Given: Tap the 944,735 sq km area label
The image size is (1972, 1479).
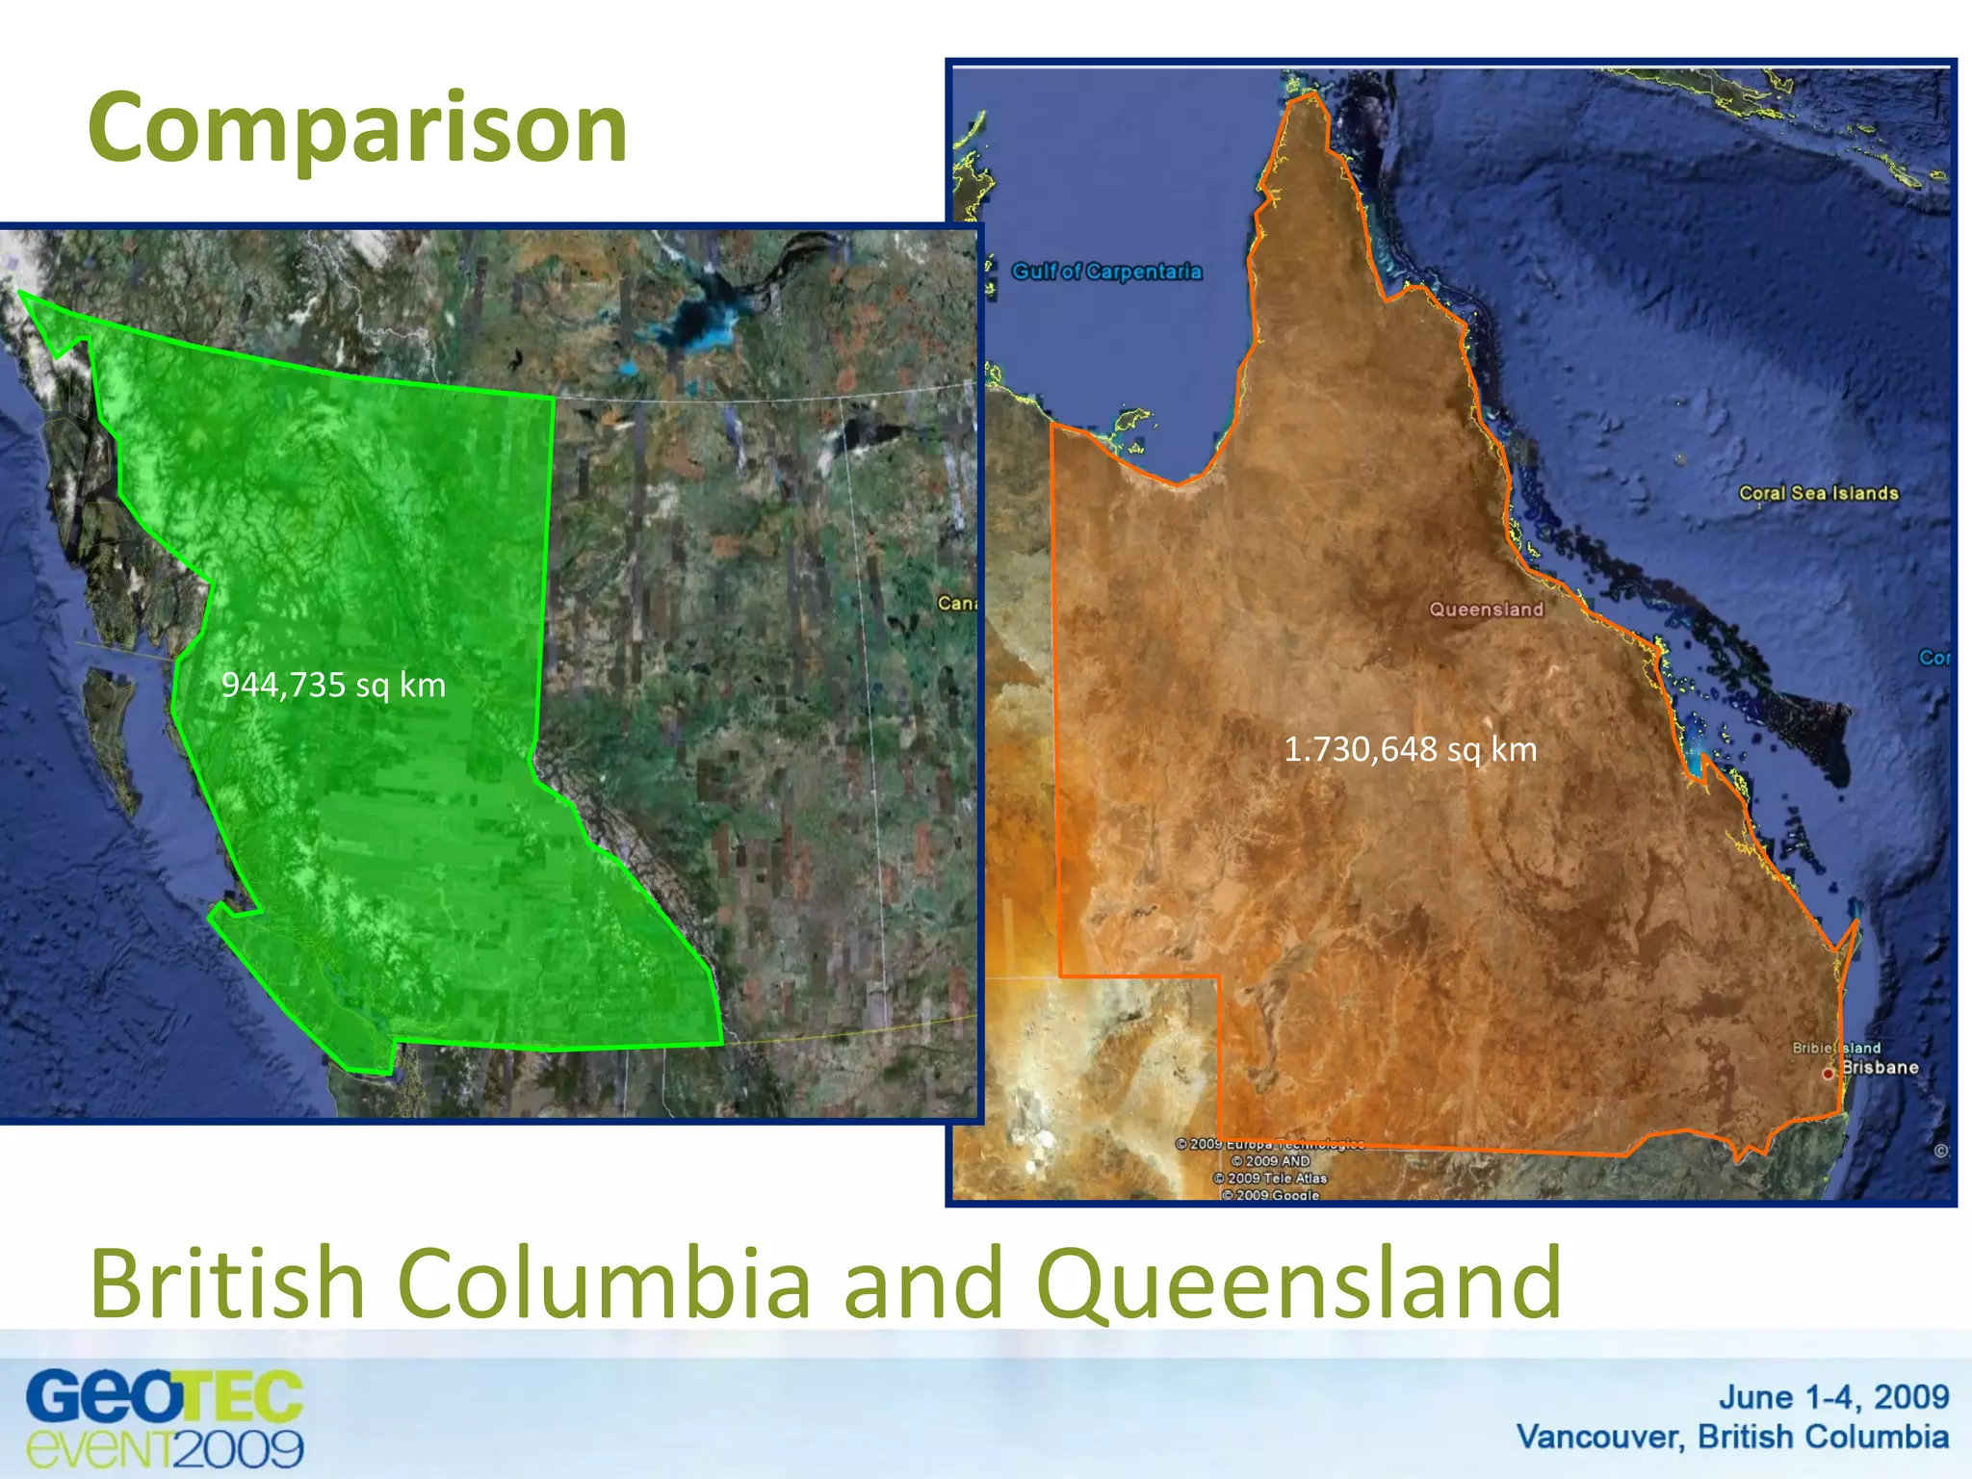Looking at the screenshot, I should [333, 686].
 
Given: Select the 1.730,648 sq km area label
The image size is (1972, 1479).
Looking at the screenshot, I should [1410, 749].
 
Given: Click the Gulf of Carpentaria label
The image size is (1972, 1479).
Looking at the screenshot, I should [1106, 272].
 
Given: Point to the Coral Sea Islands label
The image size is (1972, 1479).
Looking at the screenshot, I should [1818, 493].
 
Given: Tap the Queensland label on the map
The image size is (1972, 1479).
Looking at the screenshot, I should [1486, 610].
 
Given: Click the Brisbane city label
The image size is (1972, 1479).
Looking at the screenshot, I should [1880, 1068].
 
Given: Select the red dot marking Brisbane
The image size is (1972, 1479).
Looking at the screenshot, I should [1828, 1074].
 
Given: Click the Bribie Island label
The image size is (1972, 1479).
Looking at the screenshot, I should [1835, 1048].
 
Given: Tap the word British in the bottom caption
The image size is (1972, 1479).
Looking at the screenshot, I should [227, 1284].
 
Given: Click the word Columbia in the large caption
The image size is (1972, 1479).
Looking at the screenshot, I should [605, 1284].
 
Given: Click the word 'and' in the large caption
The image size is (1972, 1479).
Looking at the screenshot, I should [923, 1284].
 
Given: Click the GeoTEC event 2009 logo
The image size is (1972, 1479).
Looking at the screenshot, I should [165, 1418].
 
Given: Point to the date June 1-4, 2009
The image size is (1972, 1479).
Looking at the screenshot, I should [1833, 1397].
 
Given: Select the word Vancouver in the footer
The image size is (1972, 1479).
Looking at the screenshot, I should [1599, 1437].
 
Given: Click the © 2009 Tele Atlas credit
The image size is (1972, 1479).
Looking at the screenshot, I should [1270, 1179].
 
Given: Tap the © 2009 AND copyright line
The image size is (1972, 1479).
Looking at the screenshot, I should [1270, 1161].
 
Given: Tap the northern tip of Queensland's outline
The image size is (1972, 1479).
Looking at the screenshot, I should [1308, 96].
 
